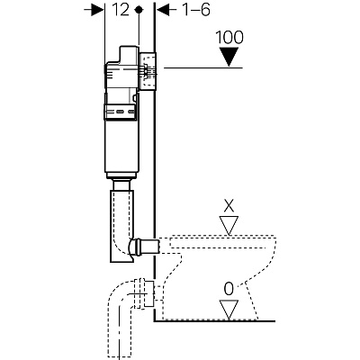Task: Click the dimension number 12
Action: coord(121,10)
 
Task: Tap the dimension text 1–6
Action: coord(196,10)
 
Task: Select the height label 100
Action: coord(229,38)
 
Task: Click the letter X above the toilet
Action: coord(229,207)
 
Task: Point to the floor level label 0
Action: coord(229,290)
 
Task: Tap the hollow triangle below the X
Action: coord(229,224)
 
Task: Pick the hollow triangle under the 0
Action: coord(229,309)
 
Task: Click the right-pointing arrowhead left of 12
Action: coord(97,10)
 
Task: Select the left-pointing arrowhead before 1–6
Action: coord(163,10)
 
